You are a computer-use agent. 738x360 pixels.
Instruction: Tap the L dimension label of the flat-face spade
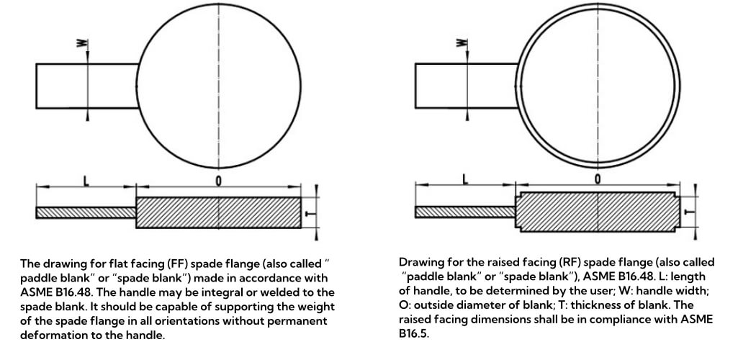coord(86,180)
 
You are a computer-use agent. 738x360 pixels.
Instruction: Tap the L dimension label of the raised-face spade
coord(465,179)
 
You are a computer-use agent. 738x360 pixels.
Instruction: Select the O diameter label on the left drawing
coord(218,181)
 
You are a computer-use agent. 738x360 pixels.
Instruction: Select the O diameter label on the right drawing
coord(598,179)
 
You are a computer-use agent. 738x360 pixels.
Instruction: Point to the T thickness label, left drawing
coord(309,213)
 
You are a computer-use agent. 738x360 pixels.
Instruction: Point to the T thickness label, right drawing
coord(688,212)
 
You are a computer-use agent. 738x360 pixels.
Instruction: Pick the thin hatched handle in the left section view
coord(86,212)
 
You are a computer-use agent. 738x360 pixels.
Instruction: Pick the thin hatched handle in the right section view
coord(466,212)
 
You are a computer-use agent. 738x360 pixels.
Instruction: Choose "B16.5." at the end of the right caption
coord(414,335)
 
